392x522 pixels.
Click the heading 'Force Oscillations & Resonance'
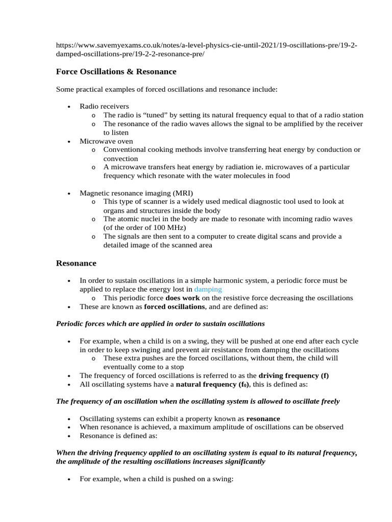tap(116, 71)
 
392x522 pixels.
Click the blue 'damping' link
tap(208, 289)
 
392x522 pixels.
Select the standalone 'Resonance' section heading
tap(76, 263)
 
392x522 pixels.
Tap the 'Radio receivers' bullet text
tap(104, 107)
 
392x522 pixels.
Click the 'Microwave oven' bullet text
tap(105, 141)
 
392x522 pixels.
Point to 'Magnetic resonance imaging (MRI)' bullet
tap(136, 193)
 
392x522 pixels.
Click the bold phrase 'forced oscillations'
tap(175, 306)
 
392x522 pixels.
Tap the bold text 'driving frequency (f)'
tap(293, 376)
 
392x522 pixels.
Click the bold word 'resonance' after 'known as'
tap(263, 419)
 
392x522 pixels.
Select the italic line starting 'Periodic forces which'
tap(160, 324)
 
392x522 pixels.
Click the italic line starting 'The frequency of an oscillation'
tap(198, 401)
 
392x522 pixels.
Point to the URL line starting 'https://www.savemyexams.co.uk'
tap(206, 45)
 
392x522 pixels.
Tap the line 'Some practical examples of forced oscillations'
tap(166, 89)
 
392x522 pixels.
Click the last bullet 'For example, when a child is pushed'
tap(156, 479)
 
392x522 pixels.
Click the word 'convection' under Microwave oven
tap(120, 159)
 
